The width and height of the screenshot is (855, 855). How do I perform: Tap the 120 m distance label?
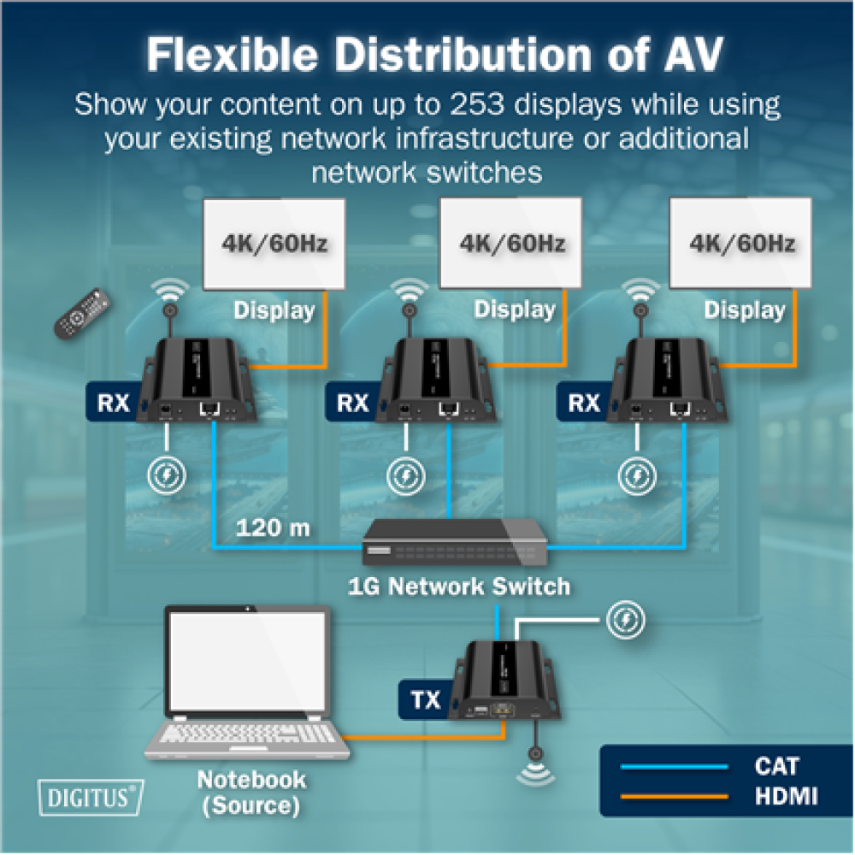tap(274, 528)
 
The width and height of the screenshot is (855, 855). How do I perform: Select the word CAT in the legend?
tap(776, 765)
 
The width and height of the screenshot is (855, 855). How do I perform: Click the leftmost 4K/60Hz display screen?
tap(274, 244)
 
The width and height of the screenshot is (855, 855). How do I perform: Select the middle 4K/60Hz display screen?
tap(511, 244)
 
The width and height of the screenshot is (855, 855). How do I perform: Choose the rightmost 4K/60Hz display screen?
tap(741, 244)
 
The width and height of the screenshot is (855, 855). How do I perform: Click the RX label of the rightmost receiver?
tap(585, 402)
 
